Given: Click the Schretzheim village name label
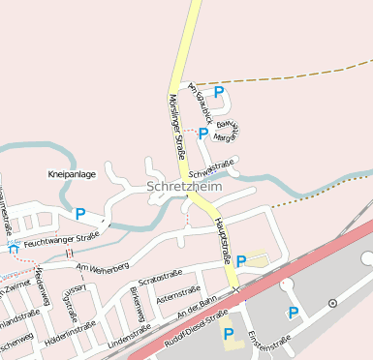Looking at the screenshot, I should pyautogui.click(x=184, y=186).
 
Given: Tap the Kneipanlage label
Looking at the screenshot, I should pyautogui.click(x=72, y=174).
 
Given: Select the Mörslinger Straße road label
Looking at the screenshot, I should pyautogui.click(x=177, y=125).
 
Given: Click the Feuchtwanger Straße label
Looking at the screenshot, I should pyautogui.click(x=63, y=238).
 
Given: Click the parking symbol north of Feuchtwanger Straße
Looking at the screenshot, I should pyautogui.click(x=80, y=214).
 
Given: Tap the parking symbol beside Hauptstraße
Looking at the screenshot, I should pyautogui.click(x=240, y=260).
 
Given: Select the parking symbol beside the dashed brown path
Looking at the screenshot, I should pyautogui.click(x=219, y=92).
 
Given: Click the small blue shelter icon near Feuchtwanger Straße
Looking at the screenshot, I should pyautogui.click(x=12, y=249).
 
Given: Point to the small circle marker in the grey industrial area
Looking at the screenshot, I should pyautogui.click(x=332, y=303).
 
